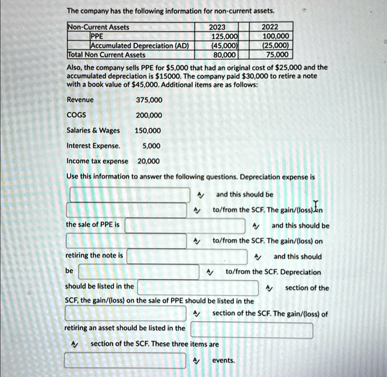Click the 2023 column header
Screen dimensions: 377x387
click(x=217, y=27)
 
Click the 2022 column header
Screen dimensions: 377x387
click(x=269, y=27)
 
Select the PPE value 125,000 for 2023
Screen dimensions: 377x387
click(x=224, y=36)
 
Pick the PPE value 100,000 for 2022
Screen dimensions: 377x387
click(x=276, y=36)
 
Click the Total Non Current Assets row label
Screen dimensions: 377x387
click(x=107, y=55)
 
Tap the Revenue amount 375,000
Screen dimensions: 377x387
click(x=149, y=100)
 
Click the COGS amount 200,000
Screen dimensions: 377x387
click(x=149, y=115)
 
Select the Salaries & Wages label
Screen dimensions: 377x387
click(x=93, y=130)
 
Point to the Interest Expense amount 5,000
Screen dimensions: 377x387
click(x=152, y=146)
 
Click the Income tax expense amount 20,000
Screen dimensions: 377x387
click(x=149, y=161)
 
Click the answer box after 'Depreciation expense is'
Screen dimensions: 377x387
click(x=130, y=195)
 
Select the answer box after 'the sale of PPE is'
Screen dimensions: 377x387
click(x=185, y=226)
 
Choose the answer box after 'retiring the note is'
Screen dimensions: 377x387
click(x=187, y=256)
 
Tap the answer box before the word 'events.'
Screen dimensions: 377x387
click(x=125, y=360)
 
